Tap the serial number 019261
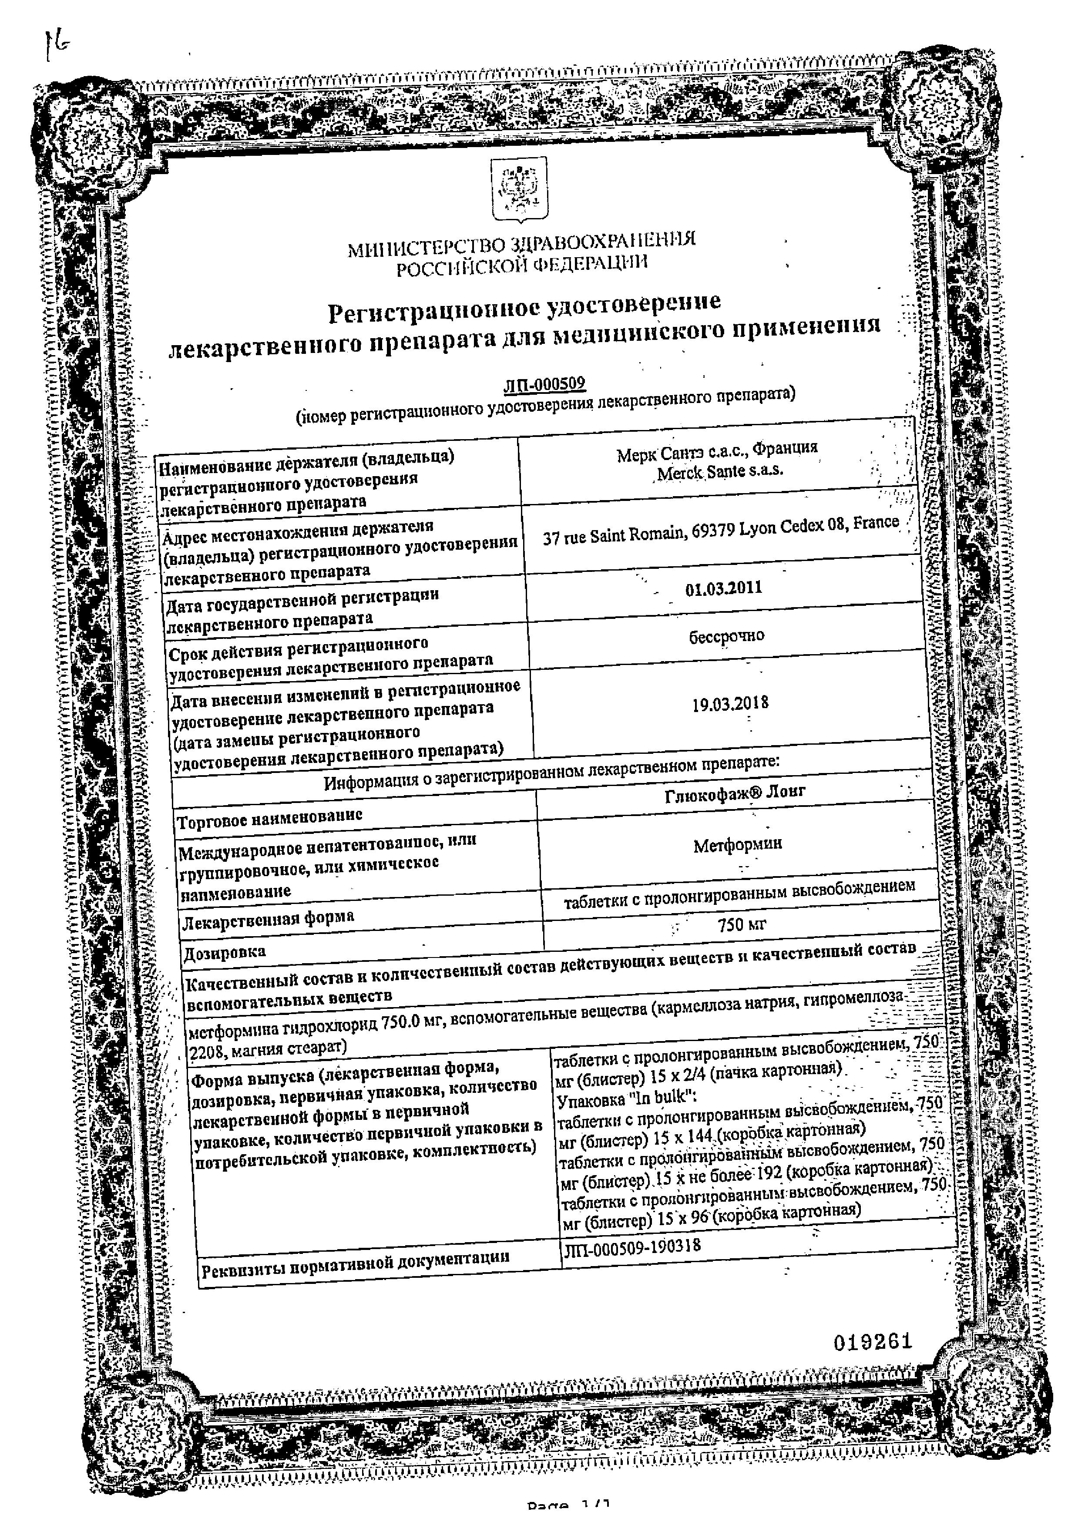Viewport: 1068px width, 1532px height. tap(872, 1342)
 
